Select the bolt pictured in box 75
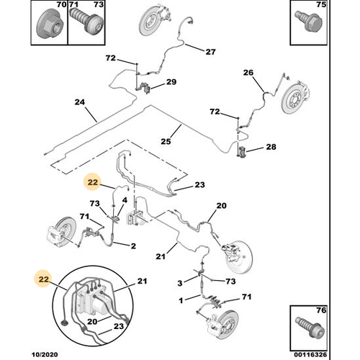tap(309, 21)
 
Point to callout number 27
tap(210, 52)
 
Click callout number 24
tap(80, 102)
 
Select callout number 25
tap(166, 141)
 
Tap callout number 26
tap(248, 73)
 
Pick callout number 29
tap(171, 82)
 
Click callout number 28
tap(271, 147)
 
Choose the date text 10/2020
tap(45, 354)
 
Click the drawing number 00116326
tap(310, 354)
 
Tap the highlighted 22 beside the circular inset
tap(44, 279)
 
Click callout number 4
tap(125, 200)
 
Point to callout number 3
tap(180, 283)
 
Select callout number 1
tap(181, 300)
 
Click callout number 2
tap(133, 246)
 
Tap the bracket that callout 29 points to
tap(145, 88)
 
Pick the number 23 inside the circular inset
tap(119, 326)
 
